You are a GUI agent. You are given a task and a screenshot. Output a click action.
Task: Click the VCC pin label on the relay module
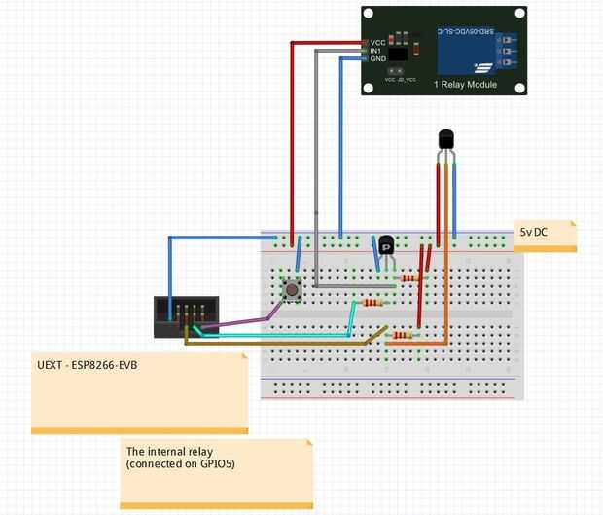click(x=377, y=43)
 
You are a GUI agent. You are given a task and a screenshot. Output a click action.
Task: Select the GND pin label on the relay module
click(x=377, y=58)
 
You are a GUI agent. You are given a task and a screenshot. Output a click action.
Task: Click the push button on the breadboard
click(x=291, y=288)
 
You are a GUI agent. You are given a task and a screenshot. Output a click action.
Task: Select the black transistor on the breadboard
click(x=387, y=246)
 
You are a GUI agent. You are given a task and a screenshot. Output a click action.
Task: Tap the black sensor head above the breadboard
click(x=445, y=140)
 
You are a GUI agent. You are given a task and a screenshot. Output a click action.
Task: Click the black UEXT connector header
click(x=186, y=317)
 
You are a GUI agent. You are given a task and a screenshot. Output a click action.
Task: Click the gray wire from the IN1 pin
click(x=316, y=146)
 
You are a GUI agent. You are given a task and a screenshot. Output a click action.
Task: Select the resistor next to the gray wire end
click(x=410, y=278)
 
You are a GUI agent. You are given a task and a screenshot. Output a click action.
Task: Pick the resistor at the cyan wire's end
click(x=371, y=303)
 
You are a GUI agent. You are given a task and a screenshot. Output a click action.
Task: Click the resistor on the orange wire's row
click(x=401, y=336)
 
